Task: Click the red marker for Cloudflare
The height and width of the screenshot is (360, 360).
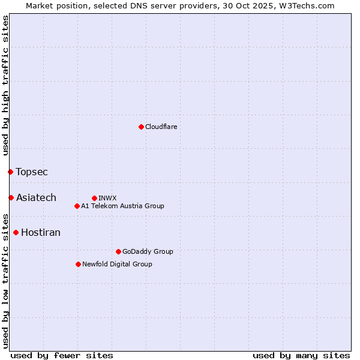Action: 141,127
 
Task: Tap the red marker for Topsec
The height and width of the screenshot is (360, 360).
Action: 10,172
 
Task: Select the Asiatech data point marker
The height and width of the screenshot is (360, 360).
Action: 11,198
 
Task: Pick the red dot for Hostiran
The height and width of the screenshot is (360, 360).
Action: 16,233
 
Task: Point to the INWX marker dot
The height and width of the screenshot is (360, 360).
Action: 94,198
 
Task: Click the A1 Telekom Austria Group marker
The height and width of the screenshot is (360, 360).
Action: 77,206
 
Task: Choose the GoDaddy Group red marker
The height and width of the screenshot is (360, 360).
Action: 118,251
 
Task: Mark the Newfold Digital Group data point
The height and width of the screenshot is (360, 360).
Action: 78,264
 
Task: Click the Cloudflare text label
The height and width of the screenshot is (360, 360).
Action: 161,127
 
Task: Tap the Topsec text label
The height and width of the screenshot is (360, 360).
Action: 32,172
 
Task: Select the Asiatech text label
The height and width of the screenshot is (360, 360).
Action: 36,198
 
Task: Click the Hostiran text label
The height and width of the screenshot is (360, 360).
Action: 41,233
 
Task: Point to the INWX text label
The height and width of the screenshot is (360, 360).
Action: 107,198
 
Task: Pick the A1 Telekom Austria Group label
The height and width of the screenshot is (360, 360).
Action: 122,206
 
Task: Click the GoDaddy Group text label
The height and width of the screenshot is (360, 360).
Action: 148,251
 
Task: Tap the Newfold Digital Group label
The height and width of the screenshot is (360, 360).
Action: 117,264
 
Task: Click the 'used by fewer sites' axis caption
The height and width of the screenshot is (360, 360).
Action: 62,356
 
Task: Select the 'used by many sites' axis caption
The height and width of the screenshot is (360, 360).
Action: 301,356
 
